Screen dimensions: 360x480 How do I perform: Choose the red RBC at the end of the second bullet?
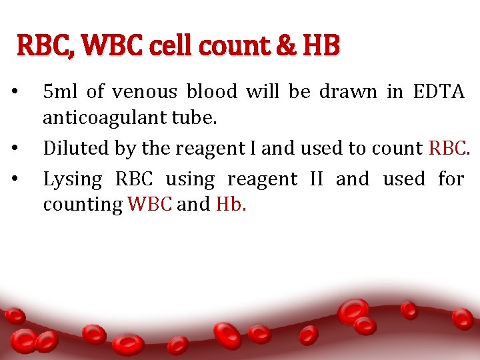click(450, 148)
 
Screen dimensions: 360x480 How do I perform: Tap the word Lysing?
click(73, 179)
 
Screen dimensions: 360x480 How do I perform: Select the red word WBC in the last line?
click(151, 204)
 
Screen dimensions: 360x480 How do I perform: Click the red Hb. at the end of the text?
click(231, 204)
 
